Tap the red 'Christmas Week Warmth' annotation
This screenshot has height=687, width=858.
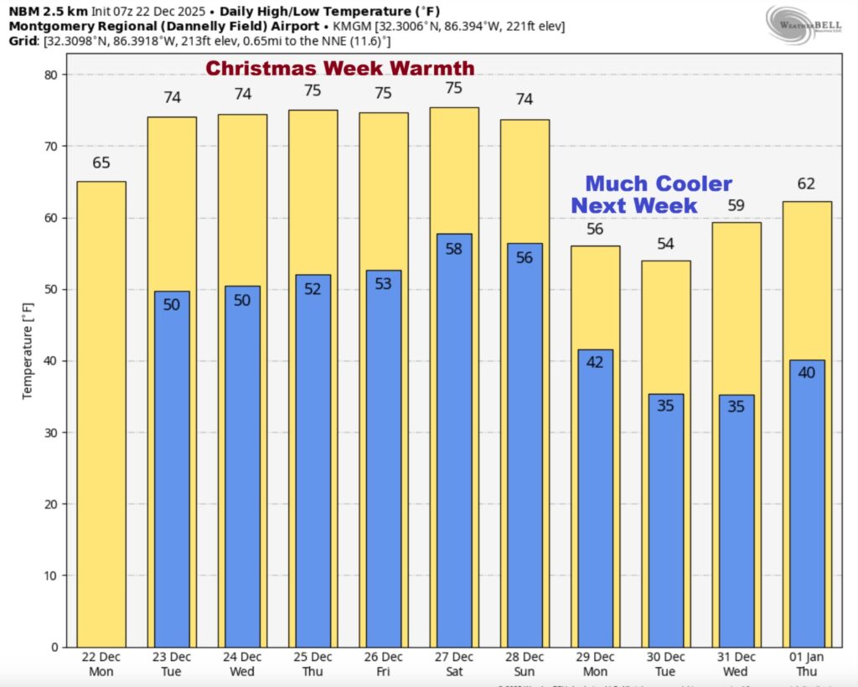click(x=340, y=68)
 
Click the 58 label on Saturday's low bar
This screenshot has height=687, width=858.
click(x=454, y=248)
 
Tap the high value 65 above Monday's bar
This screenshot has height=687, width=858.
click(x=101, y=163)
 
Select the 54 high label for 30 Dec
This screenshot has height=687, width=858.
click(x=666, y=244)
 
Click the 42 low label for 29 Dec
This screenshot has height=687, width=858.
click(x=595, y=363)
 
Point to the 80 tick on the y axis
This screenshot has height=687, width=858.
click(x=50, y=75)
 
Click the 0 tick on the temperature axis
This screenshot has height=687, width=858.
click(x=54, y=647)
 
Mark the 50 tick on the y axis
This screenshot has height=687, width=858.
click(x=50, y=290)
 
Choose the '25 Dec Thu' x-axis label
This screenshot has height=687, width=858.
click(x=313, y=664)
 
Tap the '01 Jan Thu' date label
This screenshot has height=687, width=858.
click(x=807, y=664)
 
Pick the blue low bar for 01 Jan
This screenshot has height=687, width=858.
click(x=807, y=503)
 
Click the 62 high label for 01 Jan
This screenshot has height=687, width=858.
click(x=807, y=183)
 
